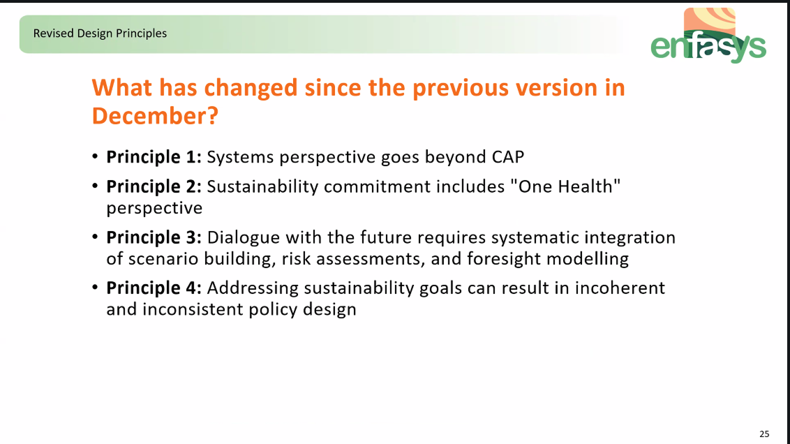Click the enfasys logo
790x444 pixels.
click(x=708, y=36)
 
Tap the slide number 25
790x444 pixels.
click(x=764, y=434)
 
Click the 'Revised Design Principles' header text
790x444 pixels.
click(x=100, y=34)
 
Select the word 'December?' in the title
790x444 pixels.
click(x=155, y=116)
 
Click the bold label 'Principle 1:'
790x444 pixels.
click(x=154, y=157)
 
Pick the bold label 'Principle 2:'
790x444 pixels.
click(x=154, y=187)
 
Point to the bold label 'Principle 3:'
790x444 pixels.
click(x=154, y=237)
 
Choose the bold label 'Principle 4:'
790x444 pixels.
click(x=154, y=288)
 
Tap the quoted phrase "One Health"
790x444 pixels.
click(x=565, y=186)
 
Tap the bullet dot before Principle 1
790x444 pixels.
click(x=95, y=157)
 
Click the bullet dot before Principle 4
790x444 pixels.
click(x=95, y=288)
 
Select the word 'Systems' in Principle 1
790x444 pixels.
click(x=240, y=157)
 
